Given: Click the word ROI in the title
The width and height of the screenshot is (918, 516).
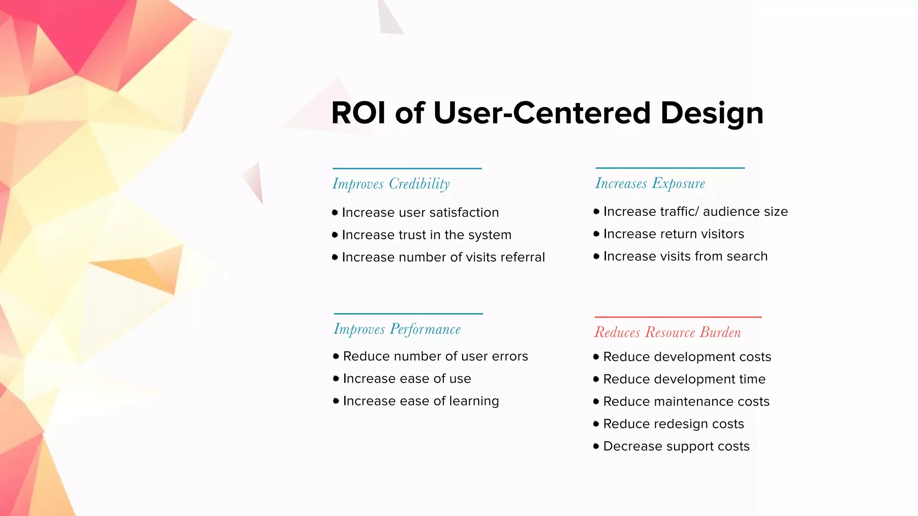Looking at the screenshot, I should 358,113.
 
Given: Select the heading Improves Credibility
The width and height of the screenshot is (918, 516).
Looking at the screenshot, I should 391,184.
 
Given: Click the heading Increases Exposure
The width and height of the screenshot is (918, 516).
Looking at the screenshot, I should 650,183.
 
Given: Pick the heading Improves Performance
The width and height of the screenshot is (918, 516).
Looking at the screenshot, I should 397,329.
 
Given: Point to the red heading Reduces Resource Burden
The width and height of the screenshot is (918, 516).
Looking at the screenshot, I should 667,332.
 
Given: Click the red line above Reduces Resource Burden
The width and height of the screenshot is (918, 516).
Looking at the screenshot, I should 678,317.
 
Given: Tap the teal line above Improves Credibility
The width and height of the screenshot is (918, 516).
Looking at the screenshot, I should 407,168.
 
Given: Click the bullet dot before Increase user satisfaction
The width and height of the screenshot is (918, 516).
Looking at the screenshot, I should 335,212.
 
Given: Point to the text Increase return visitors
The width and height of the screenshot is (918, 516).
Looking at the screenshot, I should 673,234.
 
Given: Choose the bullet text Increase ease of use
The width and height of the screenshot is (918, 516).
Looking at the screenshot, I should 407,378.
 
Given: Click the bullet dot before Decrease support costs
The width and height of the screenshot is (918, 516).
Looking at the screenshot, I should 596,446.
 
